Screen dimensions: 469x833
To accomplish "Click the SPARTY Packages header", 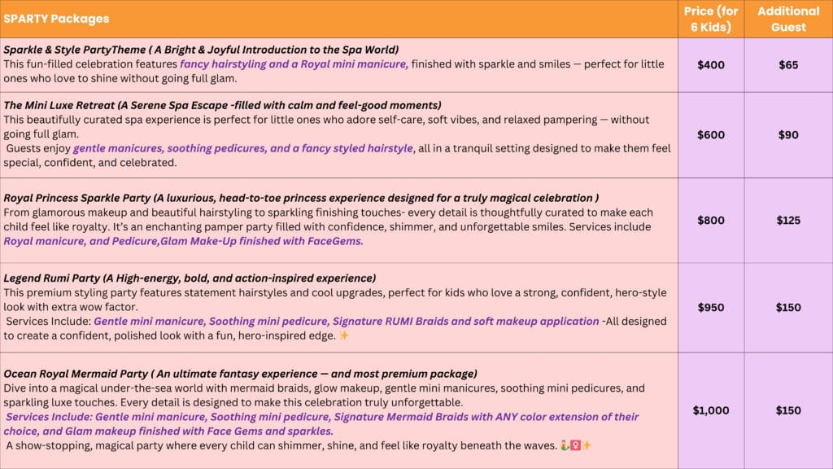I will click(x=56, y=19).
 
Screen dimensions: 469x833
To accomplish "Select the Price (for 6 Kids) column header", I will click(x=711, y=19).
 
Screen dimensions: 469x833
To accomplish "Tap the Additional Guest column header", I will click(x=788, y=19).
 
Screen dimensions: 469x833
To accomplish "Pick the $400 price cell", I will click(x=711, y=65).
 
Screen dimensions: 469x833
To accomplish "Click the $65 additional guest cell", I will click(x=788, y=65).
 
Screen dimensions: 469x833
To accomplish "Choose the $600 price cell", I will click(x=711, y=135).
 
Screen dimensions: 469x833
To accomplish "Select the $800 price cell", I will click(x=711, y=221).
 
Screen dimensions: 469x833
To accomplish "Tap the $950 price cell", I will click(x=711, y=308).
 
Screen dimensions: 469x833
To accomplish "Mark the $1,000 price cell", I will click(x=711, y=410).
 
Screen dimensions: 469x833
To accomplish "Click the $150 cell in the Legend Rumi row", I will click(x=788, y=308).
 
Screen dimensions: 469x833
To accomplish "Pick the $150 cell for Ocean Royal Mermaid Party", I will click(x=788, y=410).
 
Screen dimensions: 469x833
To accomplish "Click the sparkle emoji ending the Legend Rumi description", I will click(x=344, y=335).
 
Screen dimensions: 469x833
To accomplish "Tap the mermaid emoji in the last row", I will click(x=565, y=445).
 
